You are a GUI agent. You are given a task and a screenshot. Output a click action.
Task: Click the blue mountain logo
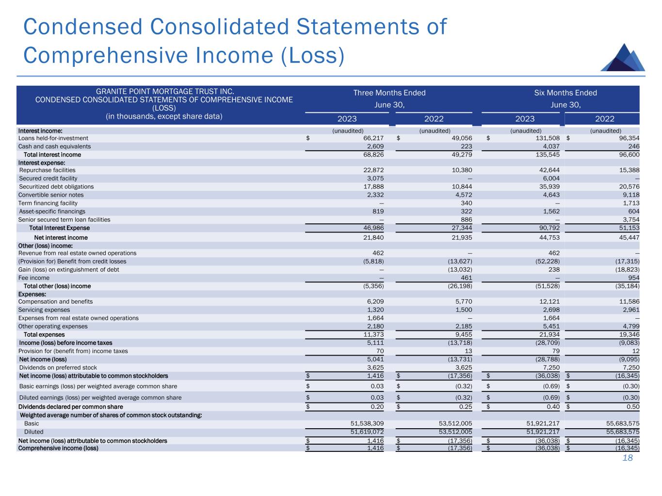[x=623, y=58]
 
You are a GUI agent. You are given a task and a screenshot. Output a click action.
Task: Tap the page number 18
[x=628, y=458]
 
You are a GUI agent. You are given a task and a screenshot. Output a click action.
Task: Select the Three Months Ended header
[x=389, y=93]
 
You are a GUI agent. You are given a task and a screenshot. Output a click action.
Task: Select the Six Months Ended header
[x=565, y=93]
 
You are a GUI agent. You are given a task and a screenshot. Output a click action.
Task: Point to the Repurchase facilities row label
[x=47, y=170]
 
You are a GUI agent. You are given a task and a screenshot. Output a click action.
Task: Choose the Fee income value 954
[x=633, y=278]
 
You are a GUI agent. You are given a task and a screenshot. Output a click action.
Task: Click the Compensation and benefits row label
[x=55, y=301]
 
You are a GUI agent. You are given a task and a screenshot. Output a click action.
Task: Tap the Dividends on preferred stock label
[x=58, y=368]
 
